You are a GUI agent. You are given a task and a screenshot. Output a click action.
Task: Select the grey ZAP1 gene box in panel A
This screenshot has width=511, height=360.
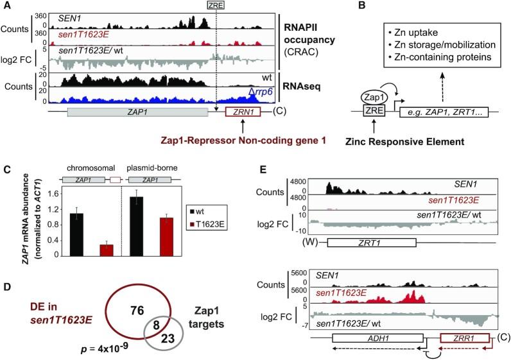coord(159,112)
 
